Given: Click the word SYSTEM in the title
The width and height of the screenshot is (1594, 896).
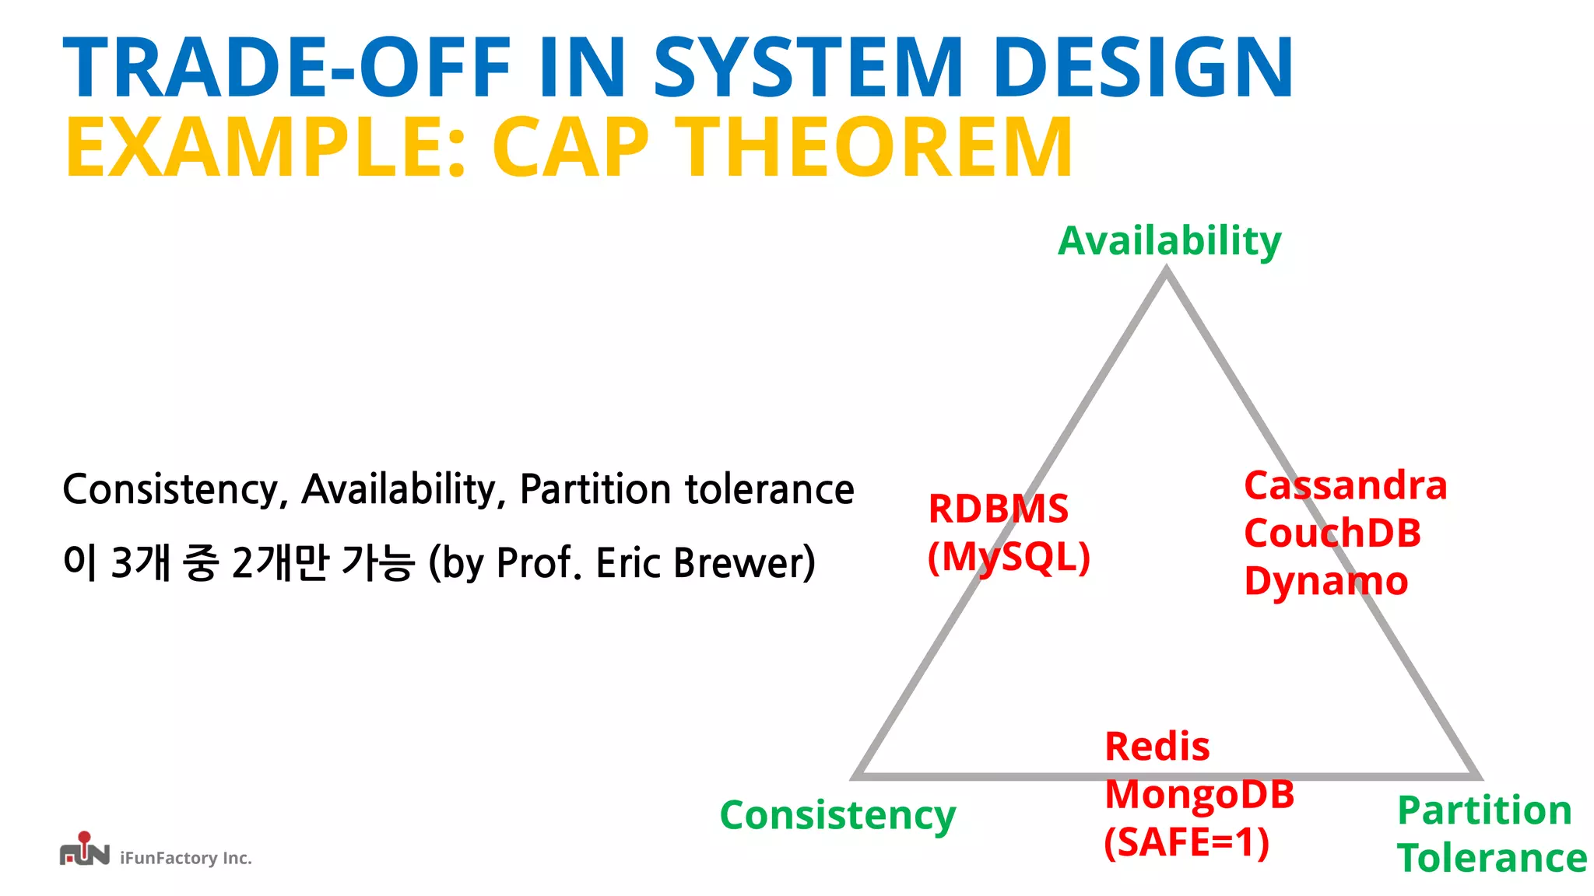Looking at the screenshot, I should (808, 68).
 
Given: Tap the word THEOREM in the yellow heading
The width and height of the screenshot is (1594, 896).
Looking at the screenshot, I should (875, 148).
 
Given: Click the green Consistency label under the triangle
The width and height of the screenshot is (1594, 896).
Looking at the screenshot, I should (837, 815).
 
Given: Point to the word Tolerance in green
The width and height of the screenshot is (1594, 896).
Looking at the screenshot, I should (1491, 858).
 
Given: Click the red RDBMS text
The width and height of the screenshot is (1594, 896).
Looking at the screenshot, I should (999, 509).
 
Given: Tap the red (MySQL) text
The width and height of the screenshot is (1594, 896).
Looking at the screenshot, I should (1009, 557).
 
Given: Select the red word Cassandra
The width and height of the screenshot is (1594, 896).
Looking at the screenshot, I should (1345, 485).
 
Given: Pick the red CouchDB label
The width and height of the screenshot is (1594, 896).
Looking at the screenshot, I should (1332, 534).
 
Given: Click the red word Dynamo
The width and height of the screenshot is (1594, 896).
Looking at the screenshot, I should (1325, 582).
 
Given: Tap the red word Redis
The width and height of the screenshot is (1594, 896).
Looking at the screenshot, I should (1157, 747).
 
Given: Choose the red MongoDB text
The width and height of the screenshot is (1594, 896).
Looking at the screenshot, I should (1199, 794).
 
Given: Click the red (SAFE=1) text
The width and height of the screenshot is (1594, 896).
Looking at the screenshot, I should (1186, 842).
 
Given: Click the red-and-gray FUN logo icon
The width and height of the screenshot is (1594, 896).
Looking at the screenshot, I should (84, 850).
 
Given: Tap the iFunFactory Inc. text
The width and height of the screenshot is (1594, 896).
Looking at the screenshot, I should (186, 858).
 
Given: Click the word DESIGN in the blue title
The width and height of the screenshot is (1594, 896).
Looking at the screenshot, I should (1143, 68).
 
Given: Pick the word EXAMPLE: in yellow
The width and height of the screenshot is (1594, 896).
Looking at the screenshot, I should (265, 148).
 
